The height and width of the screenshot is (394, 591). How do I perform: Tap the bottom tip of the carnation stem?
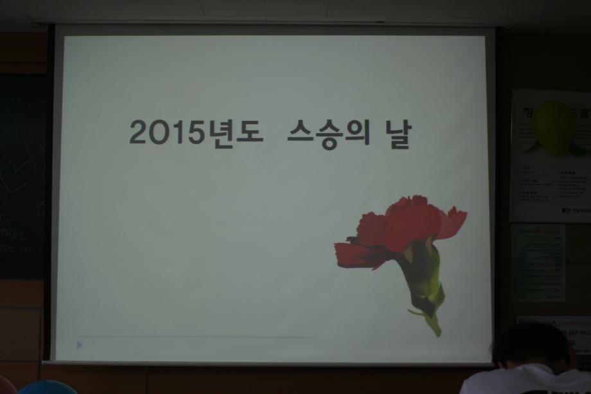[x=436, y=332]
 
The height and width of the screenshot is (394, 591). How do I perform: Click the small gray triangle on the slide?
[x=80, y=345]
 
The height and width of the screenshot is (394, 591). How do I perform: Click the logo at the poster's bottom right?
[x=565, y=210]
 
